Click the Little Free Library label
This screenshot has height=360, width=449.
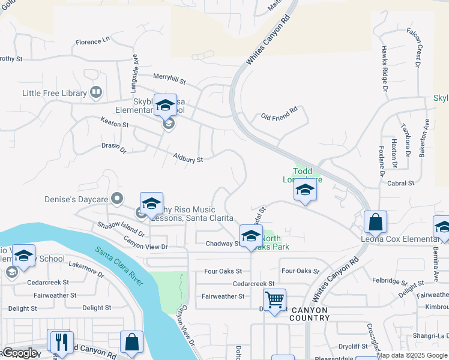click(x=53, y=93)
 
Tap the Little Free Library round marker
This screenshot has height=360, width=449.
click(x=95, y=92)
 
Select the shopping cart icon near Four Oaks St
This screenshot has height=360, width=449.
click(x=274, y=298)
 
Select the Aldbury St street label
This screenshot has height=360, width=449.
click(x=188, y=160)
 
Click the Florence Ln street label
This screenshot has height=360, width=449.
click(x=93, y=42)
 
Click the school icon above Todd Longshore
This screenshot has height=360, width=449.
click(x=305, y=191)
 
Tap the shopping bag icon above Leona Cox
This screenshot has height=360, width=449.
click(x=375, y=222)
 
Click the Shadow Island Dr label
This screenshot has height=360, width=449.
click(x=121, y=229)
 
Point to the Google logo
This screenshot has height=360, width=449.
click(x=20, y=352)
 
